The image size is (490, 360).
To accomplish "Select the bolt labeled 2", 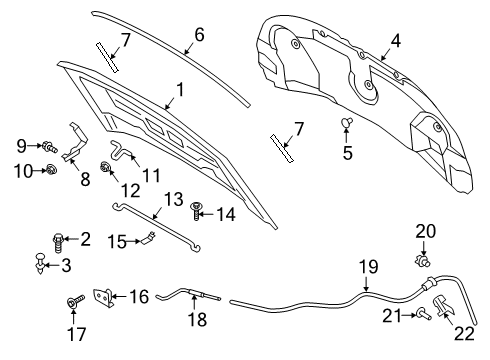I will point(58,239).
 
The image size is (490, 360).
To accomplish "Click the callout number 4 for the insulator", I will point(395,42).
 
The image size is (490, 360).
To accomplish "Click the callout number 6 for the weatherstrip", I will point(198,33).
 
